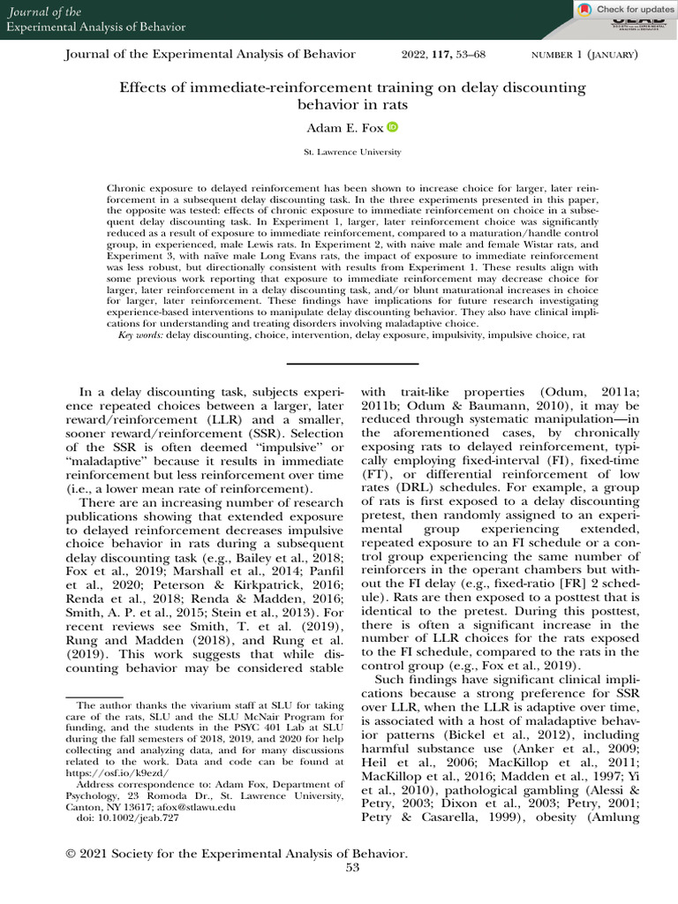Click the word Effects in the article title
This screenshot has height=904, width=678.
(x=142, y=87)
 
